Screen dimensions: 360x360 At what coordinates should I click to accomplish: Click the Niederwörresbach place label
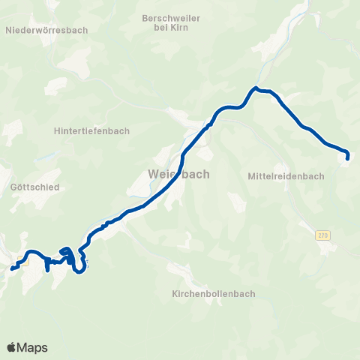click(46, 31)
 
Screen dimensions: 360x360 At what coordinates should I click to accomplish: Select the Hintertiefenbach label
click(92, 130)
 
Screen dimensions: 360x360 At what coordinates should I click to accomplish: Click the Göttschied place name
click(31, 187)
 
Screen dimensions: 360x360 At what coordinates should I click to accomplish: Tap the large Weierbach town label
click(178, 174)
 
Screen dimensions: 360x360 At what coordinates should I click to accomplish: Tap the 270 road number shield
click(322, 235)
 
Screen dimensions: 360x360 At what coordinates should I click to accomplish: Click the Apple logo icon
click(11, 347)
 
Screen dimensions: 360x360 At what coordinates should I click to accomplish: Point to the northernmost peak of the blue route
click(255, 88)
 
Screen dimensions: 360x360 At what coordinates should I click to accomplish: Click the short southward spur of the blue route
click(48, 268)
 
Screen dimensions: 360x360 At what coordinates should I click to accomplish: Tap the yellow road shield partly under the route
click(22, 262)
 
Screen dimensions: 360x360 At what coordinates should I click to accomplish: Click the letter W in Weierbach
click(154, 174)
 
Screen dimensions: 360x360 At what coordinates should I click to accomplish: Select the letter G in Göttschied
click(15, 187)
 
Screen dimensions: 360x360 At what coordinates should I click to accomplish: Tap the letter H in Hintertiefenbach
click(58, 130)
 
